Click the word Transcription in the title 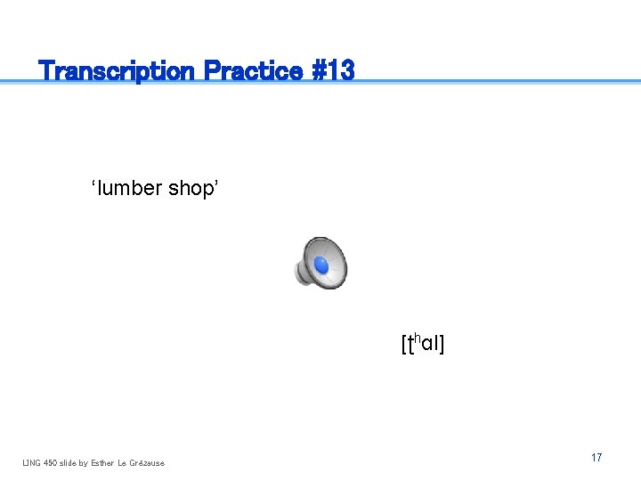click(x=118, y=70)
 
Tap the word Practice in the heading click(x=253, y=70)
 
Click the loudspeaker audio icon click(x=321, y=263)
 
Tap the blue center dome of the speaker click(x=322, y=265)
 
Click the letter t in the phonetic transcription click(x=409, y=343)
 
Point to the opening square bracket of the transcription click(x=403, y=344)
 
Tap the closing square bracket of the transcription click(x=441, y=344)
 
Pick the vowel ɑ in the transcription click(x=426, y=345)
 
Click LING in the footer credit click(x=32, y=462)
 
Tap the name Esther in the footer click(x=103, y=462)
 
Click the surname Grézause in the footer click(x=148, y=462)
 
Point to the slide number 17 click(x=596, y=458)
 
